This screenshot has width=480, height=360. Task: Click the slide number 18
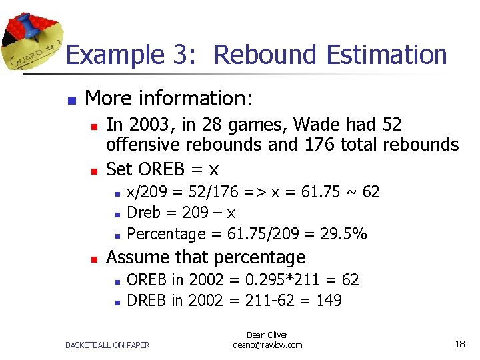(459, 344)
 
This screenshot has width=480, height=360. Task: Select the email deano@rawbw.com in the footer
(267, 345)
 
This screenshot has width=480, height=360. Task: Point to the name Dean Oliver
(267, 335)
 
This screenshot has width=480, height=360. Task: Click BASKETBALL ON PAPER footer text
(107, 345)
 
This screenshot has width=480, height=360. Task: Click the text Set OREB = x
(162, 169)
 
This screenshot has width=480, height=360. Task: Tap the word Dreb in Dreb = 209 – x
(143, 213)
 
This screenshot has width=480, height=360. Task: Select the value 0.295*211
(279, 280)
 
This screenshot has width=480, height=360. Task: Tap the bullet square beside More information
(71, 100)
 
